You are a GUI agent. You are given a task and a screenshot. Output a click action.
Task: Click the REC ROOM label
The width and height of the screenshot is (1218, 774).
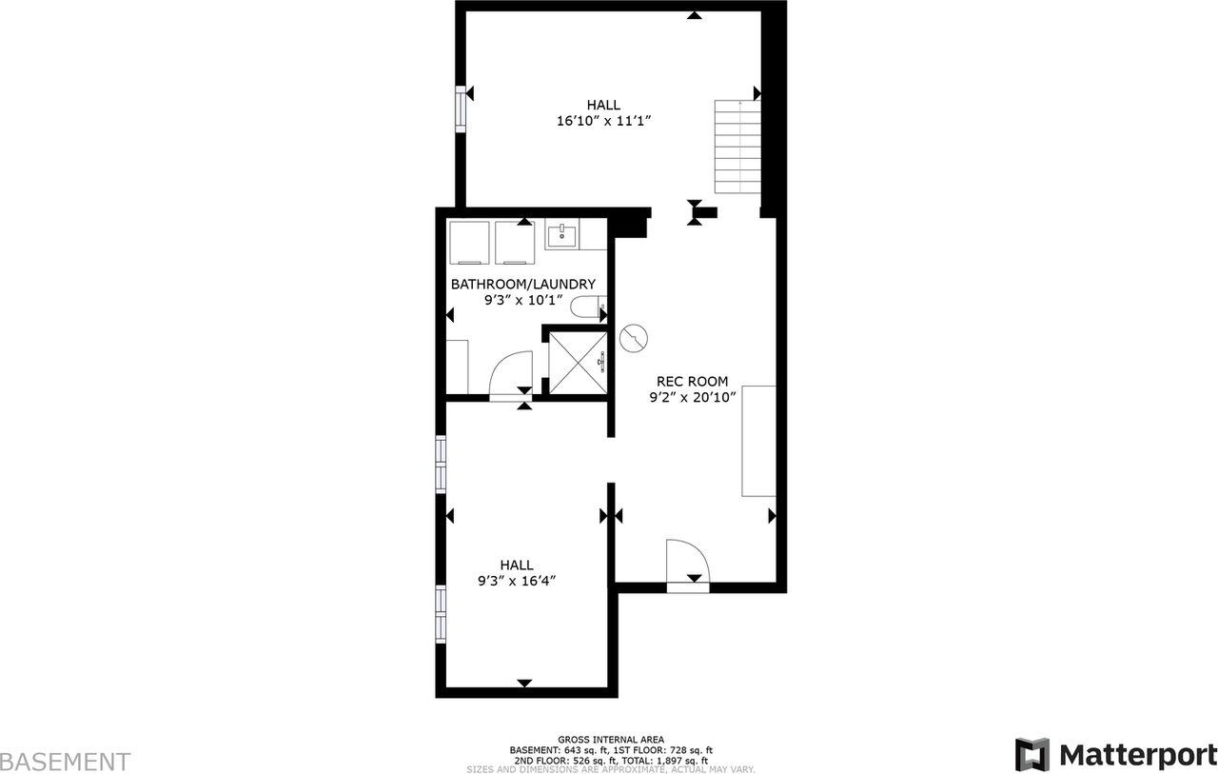click(x=692, y=381)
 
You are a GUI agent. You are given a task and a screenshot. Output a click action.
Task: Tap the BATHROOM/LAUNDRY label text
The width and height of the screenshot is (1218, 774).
click(x=522, y=284)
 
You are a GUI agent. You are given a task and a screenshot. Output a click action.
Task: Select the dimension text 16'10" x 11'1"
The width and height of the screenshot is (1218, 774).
click(x=603, y=122)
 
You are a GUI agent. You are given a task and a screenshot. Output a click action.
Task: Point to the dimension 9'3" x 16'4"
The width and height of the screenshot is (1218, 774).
click(x=517, y=581)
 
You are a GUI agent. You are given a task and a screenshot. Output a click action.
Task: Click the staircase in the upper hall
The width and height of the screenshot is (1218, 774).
click(x=737, y=147)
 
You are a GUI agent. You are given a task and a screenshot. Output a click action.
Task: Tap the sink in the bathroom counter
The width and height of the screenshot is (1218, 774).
click(x=562, y=233)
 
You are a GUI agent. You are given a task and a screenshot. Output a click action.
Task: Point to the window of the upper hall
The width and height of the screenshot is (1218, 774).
click(x=461, y=108)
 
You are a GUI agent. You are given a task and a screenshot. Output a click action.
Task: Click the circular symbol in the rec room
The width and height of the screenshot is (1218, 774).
click(x=633, y=338)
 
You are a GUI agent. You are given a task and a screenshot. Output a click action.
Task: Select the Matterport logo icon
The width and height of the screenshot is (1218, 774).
click(x=1031, y=755)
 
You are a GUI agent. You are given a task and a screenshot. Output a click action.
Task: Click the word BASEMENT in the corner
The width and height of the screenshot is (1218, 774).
click(x=65, y=762)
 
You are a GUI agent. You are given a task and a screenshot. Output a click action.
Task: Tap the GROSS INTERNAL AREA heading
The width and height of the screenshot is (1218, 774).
click(x=611, y=740)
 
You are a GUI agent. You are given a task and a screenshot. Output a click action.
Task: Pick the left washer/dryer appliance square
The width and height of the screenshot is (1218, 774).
click(x=468, y=243)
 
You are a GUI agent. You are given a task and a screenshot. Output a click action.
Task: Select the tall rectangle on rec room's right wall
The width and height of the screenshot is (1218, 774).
click(x=758, y=441)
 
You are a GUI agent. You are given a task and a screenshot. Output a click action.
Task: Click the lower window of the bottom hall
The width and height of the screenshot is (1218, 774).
click(x=441, y=614)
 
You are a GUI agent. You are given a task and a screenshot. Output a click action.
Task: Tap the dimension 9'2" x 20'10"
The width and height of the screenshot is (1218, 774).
click(x=692, y=398)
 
